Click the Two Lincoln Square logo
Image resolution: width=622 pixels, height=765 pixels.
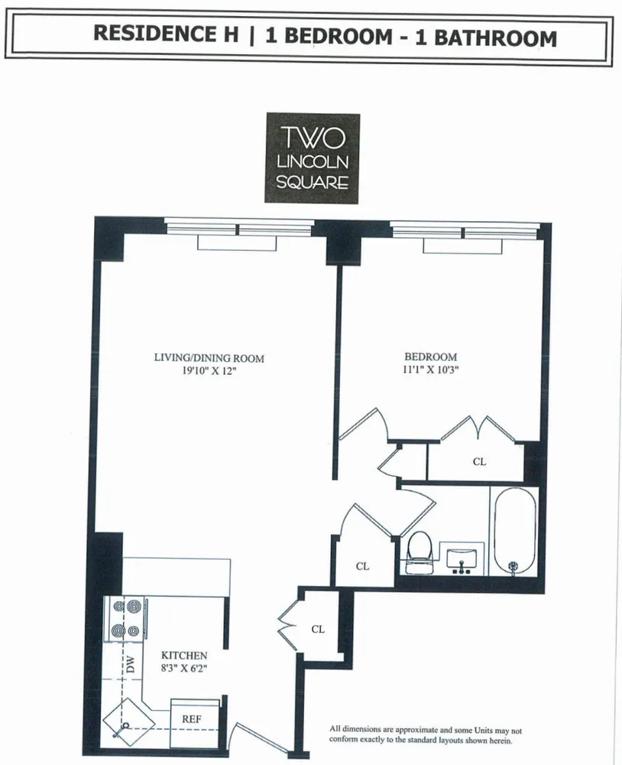(x=312, y=158)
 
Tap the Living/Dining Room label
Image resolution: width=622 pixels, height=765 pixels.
(x=209, y=357)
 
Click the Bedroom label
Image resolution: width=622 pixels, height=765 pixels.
(x=430, y=356)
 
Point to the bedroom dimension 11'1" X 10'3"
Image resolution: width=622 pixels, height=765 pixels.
(x=430, y=369)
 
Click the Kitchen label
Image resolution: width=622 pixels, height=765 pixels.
(x=183, y=656)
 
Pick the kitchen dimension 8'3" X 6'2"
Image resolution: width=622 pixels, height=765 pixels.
(x=183, y=668)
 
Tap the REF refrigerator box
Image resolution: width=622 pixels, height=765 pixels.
(x=190, y=718)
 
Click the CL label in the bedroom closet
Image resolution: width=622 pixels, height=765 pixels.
(x=479, y=461)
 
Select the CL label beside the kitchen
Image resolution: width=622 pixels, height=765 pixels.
(x=318, y=629)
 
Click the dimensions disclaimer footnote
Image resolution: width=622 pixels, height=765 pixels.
(x=425, y=734)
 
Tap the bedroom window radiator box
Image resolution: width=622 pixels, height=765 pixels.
(x=464, y=246)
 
